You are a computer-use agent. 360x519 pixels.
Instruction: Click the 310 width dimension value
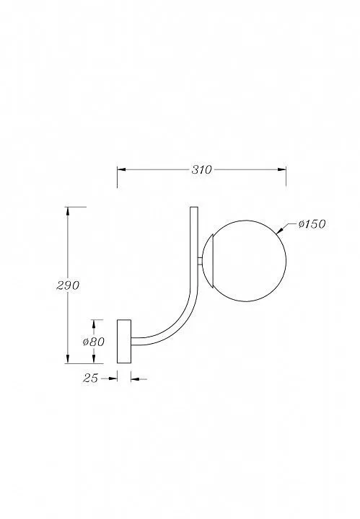tap(201, 170)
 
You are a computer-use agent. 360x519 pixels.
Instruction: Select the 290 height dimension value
tap(68, 285)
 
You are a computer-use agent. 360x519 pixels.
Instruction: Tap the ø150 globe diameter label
tap(312, 224)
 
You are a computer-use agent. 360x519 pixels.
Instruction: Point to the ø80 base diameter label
tap(94, 341)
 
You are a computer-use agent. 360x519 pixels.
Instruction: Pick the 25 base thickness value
tap(90, 378)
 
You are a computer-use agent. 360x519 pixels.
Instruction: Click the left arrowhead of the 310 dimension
tap(121, 170)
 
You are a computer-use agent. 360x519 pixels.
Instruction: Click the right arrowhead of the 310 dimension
tap(282, 170)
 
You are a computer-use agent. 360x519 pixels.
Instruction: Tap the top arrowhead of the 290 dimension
tap(68, 211)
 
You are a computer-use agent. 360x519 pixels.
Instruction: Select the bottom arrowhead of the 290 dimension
tap(68, 359)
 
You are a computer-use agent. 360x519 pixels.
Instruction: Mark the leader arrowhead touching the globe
tap(279, 230)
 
